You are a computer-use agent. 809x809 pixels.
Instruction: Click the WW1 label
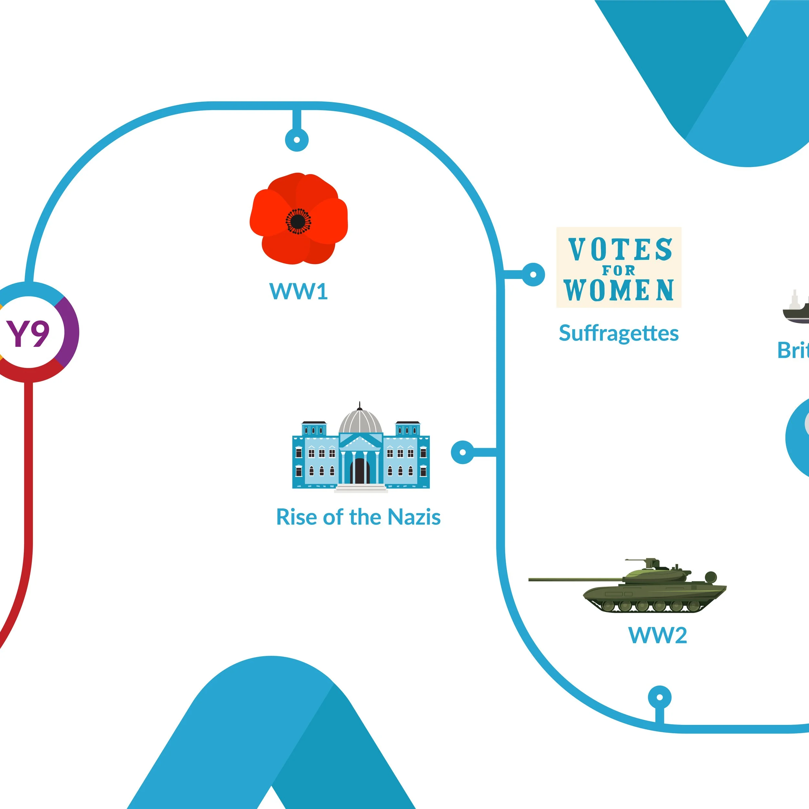pos(298,292)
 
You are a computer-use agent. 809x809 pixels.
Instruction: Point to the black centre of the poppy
pos(298,221)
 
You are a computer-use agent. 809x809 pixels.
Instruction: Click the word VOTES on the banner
pos(620,249)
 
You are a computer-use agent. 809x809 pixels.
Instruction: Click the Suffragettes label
pos(618,333)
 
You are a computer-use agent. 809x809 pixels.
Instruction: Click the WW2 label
pos(658,635)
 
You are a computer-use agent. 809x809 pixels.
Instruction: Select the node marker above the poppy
pos(297,139)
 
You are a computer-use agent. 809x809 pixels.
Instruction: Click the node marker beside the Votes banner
pos(533,275)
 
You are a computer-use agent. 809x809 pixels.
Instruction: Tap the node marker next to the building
pos(463,452)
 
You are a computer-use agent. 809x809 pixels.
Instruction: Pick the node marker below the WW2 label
pos(659,698)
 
